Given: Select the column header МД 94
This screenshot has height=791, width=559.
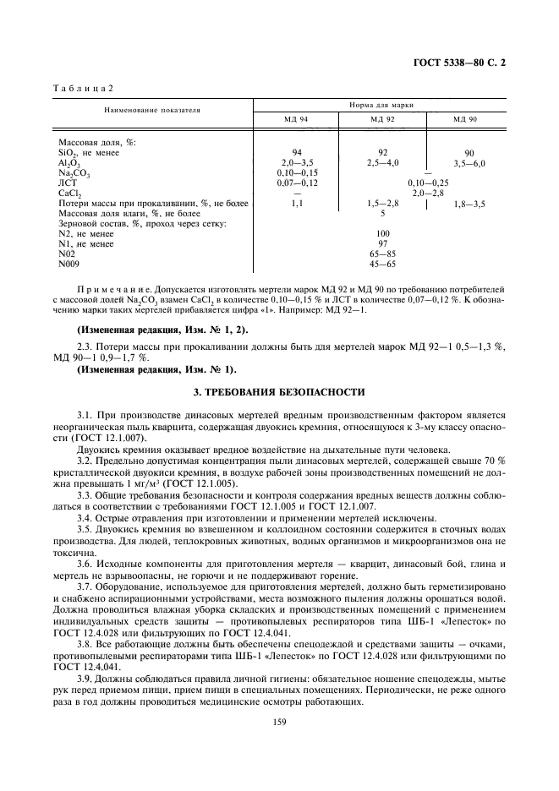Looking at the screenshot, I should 295,120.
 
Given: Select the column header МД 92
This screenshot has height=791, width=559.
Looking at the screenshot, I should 382,120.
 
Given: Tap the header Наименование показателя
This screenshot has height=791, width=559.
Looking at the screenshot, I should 152,111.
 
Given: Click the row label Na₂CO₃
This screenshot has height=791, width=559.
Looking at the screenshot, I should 74,173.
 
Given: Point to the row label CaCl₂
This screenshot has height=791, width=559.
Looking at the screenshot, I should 69,194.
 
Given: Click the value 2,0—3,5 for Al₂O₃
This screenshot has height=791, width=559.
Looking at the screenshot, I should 297,162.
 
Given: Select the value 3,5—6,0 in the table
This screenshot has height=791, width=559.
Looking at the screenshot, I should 469,163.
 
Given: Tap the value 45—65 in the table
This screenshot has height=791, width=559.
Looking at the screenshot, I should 382,265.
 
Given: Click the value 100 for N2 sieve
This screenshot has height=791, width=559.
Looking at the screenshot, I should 382,234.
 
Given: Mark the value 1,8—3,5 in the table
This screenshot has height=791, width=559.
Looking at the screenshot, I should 469,204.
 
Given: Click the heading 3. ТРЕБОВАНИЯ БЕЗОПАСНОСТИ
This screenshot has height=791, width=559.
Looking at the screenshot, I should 279,392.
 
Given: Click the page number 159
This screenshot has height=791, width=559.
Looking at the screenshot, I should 279,721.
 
